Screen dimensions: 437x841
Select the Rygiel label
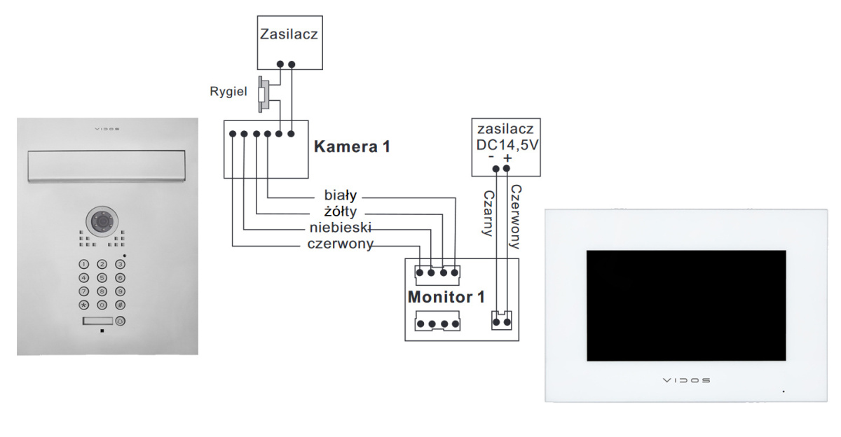[228, 92]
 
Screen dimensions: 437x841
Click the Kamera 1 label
[352, 147]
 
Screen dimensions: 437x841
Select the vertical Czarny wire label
[489, 213]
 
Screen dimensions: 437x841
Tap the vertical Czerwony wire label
[516, 216]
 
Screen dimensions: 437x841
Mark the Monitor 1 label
[446, 296]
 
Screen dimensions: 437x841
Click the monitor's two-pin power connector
[501, 321]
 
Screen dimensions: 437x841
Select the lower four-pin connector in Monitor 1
[437, 324]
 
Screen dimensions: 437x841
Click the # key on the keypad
[120, 305]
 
